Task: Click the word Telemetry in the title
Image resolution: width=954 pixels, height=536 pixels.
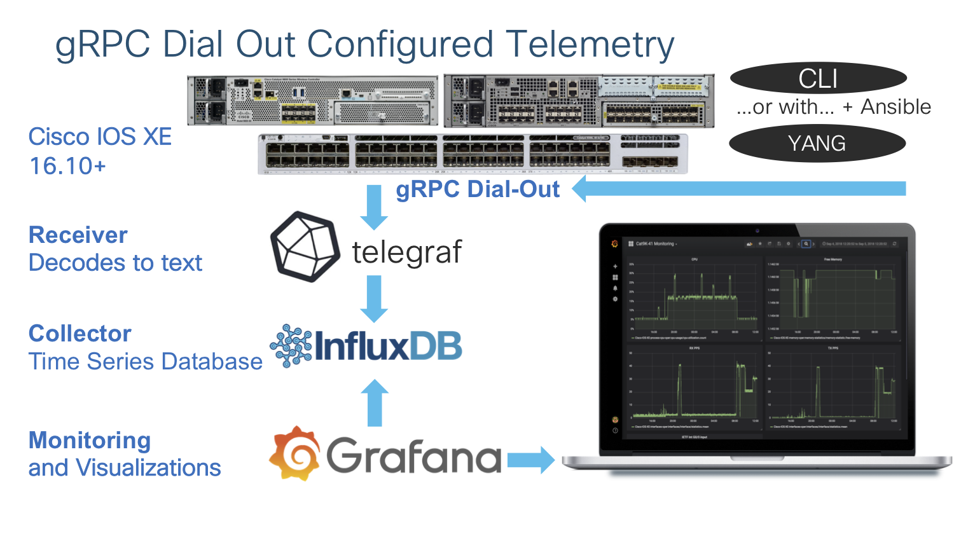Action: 590,45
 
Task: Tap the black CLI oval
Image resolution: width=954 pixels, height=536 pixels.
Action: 818,78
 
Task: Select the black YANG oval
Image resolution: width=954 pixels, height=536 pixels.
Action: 817,143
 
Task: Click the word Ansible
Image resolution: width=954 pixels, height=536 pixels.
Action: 895,107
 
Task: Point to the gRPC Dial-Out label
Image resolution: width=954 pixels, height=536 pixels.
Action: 478,189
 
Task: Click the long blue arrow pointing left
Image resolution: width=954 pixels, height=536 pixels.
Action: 738,189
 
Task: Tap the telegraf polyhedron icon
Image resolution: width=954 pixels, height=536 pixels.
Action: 305,247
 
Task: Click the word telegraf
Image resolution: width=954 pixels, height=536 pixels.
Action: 407,252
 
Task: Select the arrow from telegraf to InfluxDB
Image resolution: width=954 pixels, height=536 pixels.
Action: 374,299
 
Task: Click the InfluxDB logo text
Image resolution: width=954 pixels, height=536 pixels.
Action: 388,346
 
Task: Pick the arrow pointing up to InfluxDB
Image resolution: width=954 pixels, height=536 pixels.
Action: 374,402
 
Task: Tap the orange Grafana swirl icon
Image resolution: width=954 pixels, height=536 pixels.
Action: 294,453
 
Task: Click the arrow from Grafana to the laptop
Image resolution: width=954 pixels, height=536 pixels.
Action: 530,460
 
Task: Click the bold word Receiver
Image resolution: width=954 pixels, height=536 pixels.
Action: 78,235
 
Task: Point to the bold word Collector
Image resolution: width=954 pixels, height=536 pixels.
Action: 80,334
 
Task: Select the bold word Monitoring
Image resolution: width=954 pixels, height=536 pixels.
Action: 90,440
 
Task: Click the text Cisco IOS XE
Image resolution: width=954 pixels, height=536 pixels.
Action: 100,137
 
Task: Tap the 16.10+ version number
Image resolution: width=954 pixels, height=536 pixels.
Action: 67,166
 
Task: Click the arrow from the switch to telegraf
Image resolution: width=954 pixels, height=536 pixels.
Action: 374,207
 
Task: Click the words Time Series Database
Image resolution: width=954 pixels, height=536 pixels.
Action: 145,362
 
